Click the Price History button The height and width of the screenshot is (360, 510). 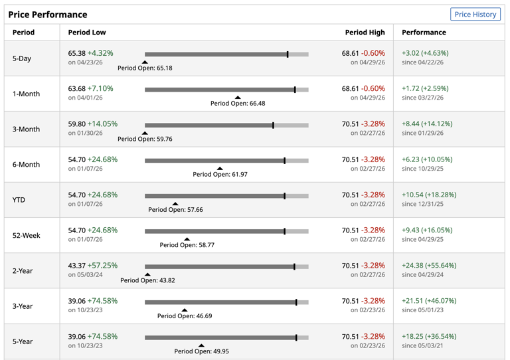[x=475, y=15]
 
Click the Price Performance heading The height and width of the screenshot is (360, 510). [x=48, y=15]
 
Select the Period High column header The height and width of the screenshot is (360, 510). [x=365, y=33]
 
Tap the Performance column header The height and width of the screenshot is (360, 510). [x=424, y=33]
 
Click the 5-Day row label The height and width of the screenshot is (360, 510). [x=22, y=58]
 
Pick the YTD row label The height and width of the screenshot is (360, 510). [x=19, y=200]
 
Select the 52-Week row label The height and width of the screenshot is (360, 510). [x=27, y=235]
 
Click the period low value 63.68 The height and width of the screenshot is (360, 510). [x=77, y=88]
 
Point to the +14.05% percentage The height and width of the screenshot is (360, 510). [x=102, y=124]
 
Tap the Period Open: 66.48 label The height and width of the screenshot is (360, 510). [x=238, y=104]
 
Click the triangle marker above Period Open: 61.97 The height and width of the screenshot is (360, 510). [x=220, y=169]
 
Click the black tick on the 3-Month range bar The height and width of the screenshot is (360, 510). [x=273, y=126]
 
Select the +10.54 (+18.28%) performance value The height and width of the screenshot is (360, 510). [x=429, y=195]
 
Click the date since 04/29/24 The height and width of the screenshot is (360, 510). [x=422, y=275]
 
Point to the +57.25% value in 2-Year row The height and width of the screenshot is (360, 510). [x=102, y=266]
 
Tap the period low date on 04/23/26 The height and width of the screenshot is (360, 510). [x=85, y=62]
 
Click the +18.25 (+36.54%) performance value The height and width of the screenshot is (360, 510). [x=429, y=337]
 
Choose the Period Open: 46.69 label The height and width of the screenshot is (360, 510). [x=185, y=316]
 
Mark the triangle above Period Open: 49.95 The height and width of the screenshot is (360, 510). [x=201, y=345]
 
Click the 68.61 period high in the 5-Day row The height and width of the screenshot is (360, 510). [x=351, y=53]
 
